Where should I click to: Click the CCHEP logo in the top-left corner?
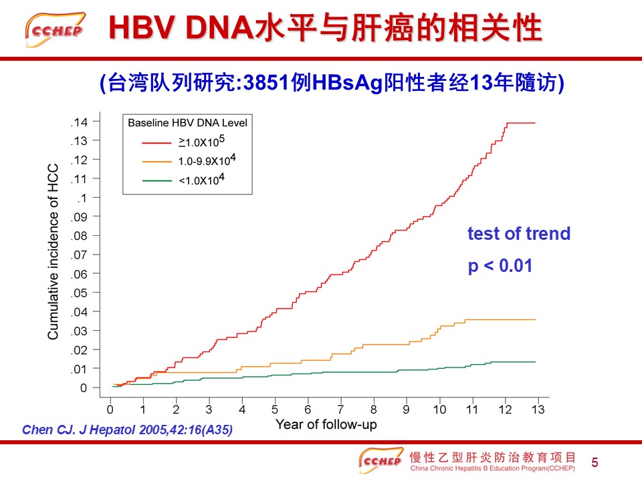coord(56,29)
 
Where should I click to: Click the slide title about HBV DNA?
coord(324,29)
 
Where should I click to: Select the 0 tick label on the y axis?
coord(84,387)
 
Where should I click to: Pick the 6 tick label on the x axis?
coord(308,409)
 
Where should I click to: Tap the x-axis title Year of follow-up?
coord(326,424)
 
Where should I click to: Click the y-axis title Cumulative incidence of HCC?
coord(53,251)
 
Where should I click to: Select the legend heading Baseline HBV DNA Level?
coord(187,123)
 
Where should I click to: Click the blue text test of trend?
coord(519,234)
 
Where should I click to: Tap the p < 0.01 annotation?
coord(500,266)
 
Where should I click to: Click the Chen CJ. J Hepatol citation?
coord(127,430)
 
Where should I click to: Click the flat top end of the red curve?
coord(522,123)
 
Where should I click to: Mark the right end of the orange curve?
coord(534,319)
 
